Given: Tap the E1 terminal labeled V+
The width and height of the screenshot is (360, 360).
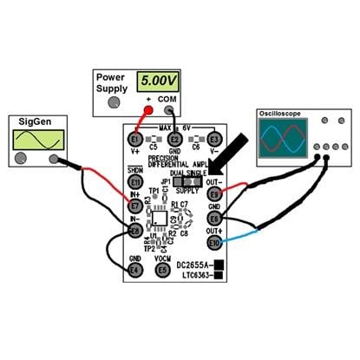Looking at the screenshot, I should (134, 140).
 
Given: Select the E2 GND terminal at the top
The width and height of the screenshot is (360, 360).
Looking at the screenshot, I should (174, 140).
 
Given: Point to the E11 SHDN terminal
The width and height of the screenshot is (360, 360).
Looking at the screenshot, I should (134, 182).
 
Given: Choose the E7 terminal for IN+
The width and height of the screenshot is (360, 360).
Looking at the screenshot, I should (134, 206).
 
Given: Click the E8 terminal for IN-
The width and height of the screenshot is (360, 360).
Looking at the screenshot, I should (134, 231).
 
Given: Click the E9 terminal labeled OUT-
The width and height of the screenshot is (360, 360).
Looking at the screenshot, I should (214, 193).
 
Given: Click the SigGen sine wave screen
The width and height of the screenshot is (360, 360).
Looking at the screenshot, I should (34, 139).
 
